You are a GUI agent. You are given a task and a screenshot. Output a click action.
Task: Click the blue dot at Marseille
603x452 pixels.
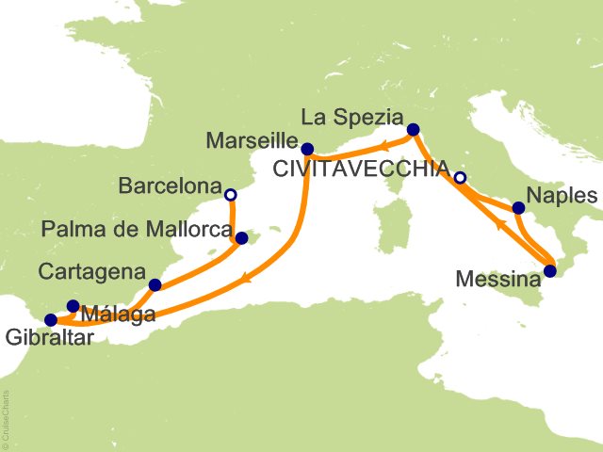(307, 148)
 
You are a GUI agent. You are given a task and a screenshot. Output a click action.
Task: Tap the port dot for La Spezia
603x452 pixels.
(413, 130)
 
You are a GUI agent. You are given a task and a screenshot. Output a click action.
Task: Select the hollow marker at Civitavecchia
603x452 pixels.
(460, 178)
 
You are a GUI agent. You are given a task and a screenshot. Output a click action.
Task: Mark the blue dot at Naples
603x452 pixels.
(518, 208)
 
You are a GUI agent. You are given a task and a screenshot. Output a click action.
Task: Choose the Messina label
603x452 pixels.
(497, 279)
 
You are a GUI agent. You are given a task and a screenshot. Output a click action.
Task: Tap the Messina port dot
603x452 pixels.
(550, 272)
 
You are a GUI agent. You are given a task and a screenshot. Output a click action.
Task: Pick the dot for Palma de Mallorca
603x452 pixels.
(240, 238)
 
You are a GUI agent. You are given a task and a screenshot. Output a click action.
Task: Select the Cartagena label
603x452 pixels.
(91, 271)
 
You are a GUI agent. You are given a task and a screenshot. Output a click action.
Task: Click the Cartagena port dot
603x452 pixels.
(155, 284)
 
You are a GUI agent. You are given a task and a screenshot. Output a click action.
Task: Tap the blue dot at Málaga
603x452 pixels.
(73, 305)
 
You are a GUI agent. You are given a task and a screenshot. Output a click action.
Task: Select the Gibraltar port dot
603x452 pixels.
(51, 320)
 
